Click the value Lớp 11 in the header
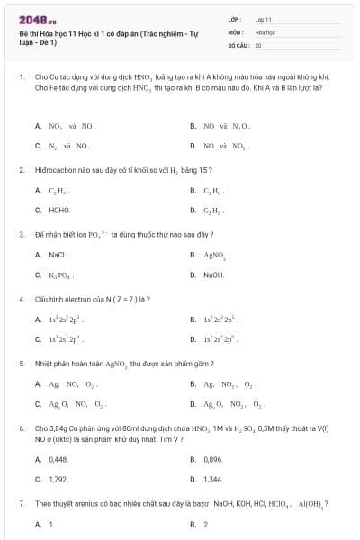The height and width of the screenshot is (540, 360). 263,18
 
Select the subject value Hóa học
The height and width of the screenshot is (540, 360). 265,31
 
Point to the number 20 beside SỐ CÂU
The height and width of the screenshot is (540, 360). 258,44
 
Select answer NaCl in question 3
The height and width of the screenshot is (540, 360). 58,255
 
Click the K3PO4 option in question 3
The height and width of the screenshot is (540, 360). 60,274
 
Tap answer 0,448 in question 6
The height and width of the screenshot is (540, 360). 58,459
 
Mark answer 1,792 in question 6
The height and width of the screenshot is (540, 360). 58,479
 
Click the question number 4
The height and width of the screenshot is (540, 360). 21,298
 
